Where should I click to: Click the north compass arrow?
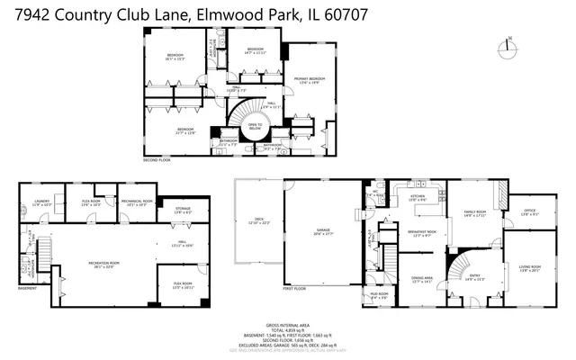pos(510,40)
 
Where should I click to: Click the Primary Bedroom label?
pos(307,81)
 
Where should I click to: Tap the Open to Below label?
pos(255,126)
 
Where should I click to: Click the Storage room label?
pos(183,210)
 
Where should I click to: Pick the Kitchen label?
pos(418,197)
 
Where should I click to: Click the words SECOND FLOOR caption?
pos(156,159)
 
